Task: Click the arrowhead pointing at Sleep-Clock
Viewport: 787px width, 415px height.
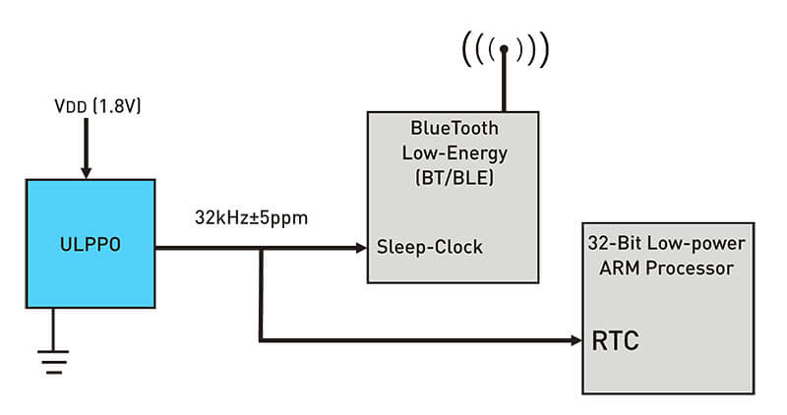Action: click(x=358, y=248)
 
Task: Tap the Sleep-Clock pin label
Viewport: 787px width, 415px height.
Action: click(x=430, y=247)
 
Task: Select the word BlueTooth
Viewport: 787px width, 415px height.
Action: click(x=454, y=128)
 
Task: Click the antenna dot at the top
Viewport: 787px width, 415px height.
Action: click(x=505, y=48)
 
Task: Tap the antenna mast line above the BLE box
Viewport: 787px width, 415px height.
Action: click(x=505, y=84)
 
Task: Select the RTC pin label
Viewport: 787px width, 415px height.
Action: click(x=615, y=342)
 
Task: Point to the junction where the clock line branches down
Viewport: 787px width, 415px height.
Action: click(x=261, y=248)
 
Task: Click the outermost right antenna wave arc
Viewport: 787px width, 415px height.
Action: click(x=543, y=48)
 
